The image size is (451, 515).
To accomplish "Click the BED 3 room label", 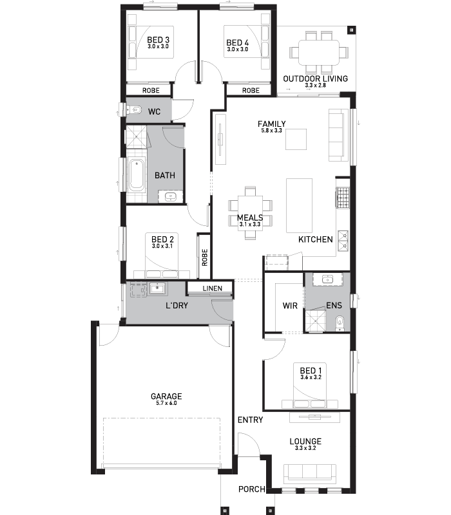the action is [x=158, y=40].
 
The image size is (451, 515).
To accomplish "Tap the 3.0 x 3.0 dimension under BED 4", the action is [x=237, y=50].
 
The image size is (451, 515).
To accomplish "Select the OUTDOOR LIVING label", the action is [x=315, y=79].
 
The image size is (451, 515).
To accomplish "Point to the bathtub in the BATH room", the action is [x=137, y=175].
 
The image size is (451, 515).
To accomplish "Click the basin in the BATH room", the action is [x=170, y=197].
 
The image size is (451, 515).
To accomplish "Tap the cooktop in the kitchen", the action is [x=342, y=198].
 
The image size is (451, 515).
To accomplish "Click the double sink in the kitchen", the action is [x=343, y=241].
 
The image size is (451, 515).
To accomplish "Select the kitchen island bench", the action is [x=299, y=205].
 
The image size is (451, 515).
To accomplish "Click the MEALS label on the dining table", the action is [x=250, y=218].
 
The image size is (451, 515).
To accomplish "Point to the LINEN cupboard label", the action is [x=213, y=288].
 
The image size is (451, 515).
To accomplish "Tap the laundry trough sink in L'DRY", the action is [x=158, y=288].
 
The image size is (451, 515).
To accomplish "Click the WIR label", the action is [x=290, y=306].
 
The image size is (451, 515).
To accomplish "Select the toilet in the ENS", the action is [x=340, y=323].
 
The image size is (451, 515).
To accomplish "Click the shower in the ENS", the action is [x=316, y=321].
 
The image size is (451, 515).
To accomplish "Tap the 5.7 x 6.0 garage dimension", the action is [x=166, y=403].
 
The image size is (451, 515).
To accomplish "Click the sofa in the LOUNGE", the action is [x=310, y=474].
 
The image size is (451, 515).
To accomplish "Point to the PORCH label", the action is [x=252, y=489].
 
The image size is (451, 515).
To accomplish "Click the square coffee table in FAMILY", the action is [x=296, y=139].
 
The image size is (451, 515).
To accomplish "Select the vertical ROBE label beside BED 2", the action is [x=205, y=257].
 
